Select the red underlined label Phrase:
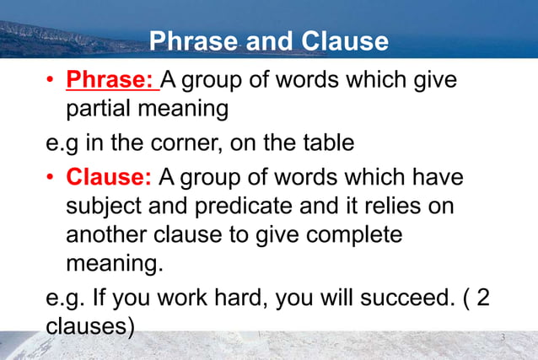pyautogui.click(x=112, y=81)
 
